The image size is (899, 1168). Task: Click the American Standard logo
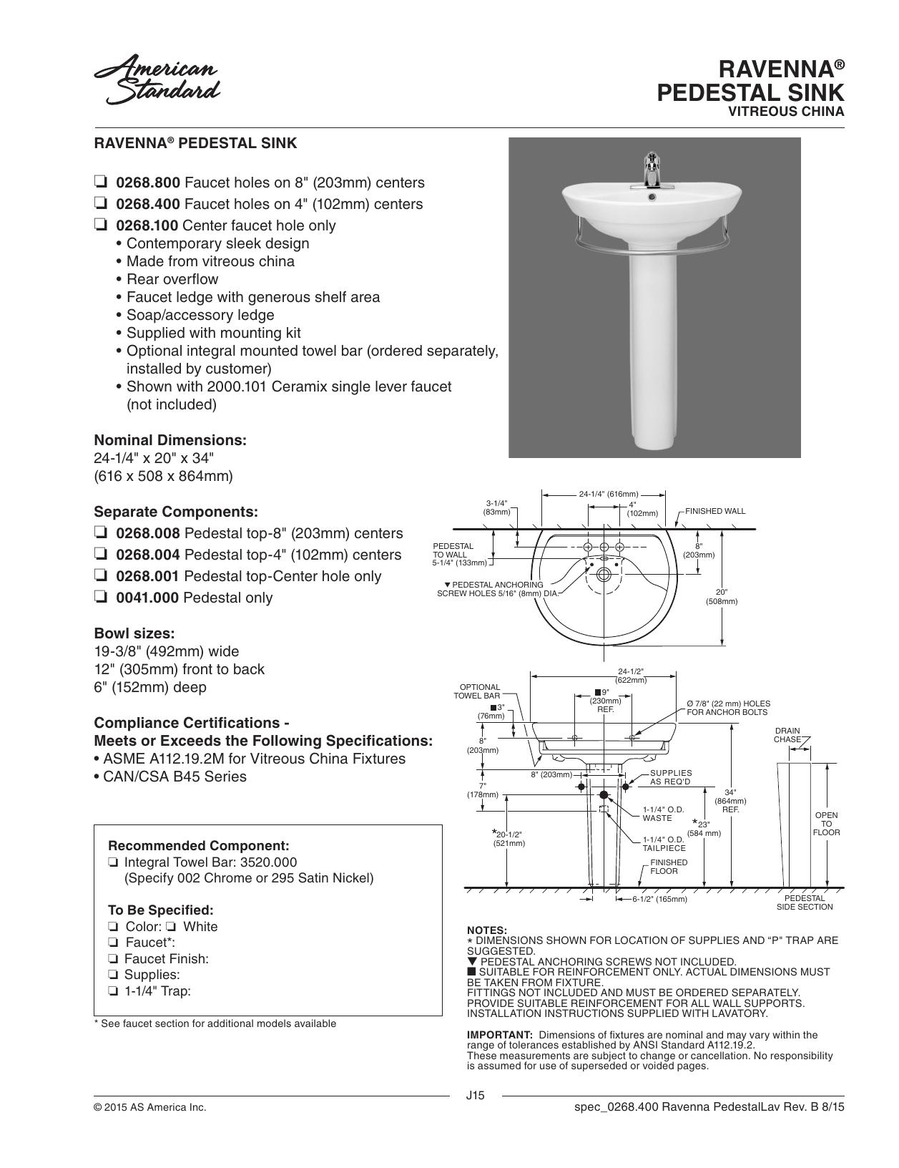[x=157, y=79]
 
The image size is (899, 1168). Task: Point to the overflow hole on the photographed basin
[x=652, y=197]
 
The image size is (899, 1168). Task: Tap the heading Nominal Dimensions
[x=170, y=440]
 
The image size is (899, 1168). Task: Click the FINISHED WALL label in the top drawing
[x=714, y=511]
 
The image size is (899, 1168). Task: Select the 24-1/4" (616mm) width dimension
[x=609, y=494]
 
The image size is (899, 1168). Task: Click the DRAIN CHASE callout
[x=787, y=735]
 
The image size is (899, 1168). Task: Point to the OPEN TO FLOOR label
[x=826, y=824]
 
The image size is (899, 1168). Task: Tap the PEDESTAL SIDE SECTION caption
[x=805, y=902]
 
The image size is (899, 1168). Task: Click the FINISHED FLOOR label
[x=669, y=867]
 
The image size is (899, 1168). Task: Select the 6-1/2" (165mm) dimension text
[x=659, y=899]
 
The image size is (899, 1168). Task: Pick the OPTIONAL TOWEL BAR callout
[x=477, y=691]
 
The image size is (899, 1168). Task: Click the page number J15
[x=476, y=1096]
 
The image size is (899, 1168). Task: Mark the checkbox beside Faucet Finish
[x=113, y=958]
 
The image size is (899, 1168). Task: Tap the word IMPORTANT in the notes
[x=499, y=1035]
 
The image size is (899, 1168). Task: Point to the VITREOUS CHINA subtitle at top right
[x=786, y=111]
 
